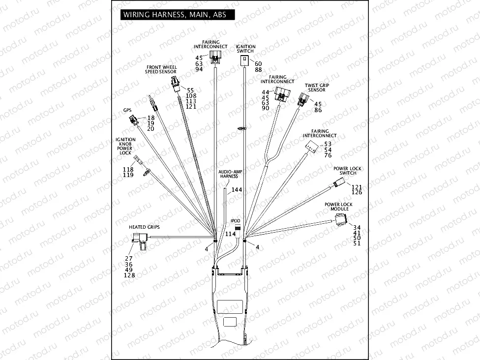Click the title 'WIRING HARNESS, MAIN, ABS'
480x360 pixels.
[x=175, y=15]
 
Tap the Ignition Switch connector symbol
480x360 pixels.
[x=244, y=60]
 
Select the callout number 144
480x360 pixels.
[x=237, y=189]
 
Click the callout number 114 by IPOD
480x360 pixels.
[x=231, y=234]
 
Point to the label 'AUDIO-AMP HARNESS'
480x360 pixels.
[x=229, y=173]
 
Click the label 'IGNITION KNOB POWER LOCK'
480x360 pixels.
[x=125, y=146]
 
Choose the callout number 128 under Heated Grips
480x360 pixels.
[x=130, y=275]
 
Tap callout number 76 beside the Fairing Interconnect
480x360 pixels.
[x=328, y=156]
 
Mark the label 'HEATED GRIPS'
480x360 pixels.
[x=144, y=227]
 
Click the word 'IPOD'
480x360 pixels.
[x=236, y=221]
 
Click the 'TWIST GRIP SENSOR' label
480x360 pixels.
[x=317, y=88]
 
